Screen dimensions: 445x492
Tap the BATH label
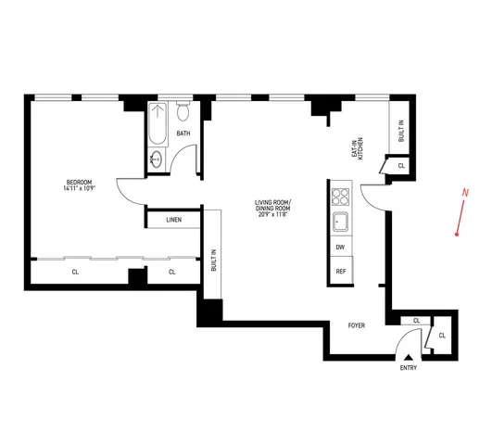[x=183, y=133]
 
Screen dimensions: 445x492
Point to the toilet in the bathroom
[x=183, y=112]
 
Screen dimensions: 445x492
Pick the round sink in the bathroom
[x=156, y=160]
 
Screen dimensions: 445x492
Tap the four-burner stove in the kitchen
[x=340, y=196]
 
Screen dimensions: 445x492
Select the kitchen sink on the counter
[x=340, y=222]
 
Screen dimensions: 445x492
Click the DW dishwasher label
[x=340, y=248]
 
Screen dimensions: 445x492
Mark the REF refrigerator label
[x=340, y=272]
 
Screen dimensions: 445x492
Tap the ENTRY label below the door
[x=408, y=368]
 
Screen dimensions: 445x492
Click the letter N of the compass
[x=462, y=193]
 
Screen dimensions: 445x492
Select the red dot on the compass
[x=457, y=235]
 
